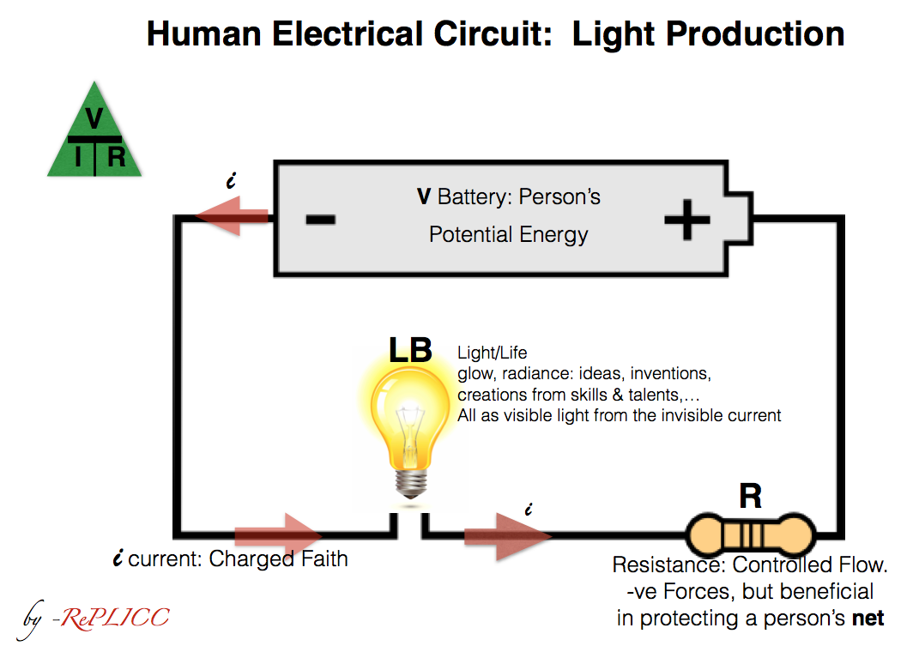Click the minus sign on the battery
(x=320, y=220)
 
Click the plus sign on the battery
(x=687, y=220)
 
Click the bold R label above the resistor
(x=751, y=497)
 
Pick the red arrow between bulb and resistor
(x=507, y=536)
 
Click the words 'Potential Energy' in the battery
(x=508, y=235)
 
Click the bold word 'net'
(x=867, y=618)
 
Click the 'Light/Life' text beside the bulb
(x=493, y=353)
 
